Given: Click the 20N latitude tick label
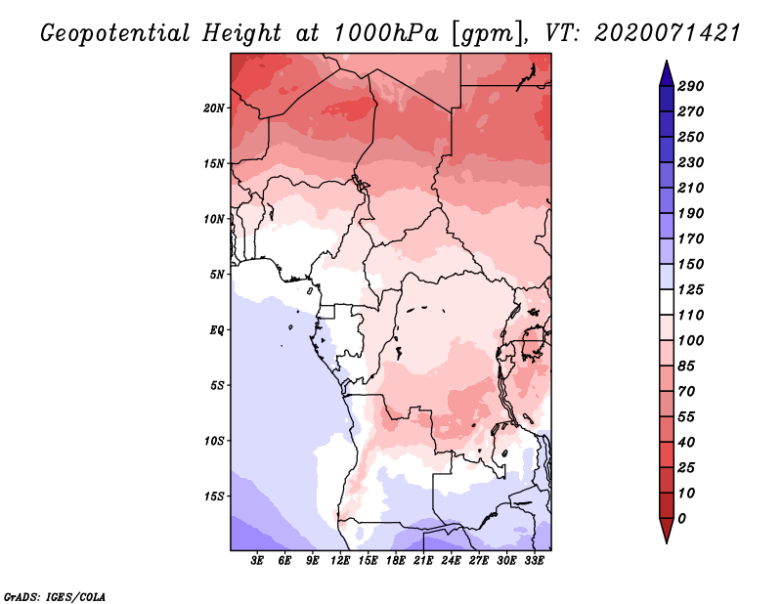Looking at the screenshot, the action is (x=214, y=108).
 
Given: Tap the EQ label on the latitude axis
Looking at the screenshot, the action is (x=216, y=330).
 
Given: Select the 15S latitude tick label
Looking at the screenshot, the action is (x=214, y=496).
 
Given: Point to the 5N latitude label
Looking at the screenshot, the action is (x=217, y=275).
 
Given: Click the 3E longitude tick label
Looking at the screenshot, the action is (x=256, y=561).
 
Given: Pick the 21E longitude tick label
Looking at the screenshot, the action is (x=423, y=561).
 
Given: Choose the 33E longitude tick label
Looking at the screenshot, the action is (x=534, y=561).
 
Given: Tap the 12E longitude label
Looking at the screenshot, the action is (x=339, y=561).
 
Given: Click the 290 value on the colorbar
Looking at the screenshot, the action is (x=691, y=86).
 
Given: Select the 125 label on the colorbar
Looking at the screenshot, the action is (x=691, y=289).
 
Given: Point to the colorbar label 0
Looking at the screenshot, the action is (x=681, y=519).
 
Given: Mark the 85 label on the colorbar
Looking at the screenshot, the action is (x=686, y=367).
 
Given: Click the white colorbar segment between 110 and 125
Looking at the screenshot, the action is (x=667, y=302).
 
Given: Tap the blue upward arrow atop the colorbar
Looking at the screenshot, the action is (x=667, y=73).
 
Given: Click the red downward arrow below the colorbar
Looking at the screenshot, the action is (x=667, y=531).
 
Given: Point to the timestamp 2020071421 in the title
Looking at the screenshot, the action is (x=668, y=33).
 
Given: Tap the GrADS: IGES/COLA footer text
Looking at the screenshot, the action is (x=55, y=597).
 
